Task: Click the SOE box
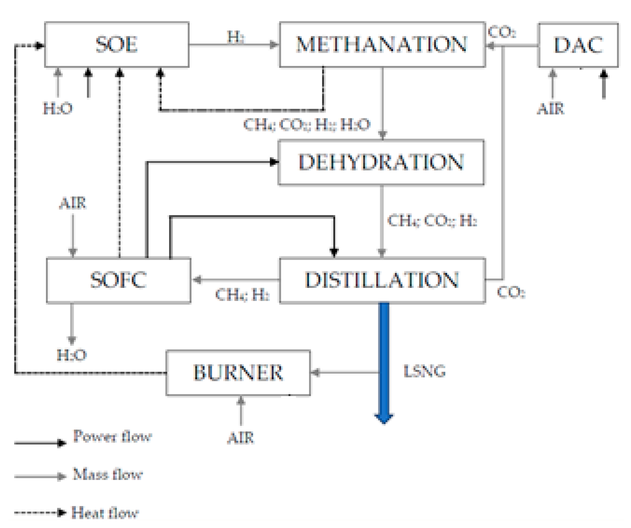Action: (117, 44)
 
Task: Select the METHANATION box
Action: (382, 44)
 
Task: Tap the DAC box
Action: (578, 45)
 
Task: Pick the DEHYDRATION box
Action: (381, 162)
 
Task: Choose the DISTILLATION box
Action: (382, 280)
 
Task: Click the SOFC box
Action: (118, 280)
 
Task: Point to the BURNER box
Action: (238, 373)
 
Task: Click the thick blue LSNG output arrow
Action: (384, 361)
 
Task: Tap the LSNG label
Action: (424, 371)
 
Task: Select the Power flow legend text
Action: (112, 436)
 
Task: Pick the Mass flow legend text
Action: (108, 475)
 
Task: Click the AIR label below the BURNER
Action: (240, 438)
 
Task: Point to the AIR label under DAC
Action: (550, 109)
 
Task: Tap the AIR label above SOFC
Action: (72, 203)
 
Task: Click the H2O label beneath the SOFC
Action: (72, 355)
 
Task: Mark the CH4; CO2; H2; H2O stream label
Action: (307, 124)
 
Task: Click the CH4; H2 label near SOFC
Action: (242, 295)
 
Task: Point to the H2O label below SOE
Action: (58, 108)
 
